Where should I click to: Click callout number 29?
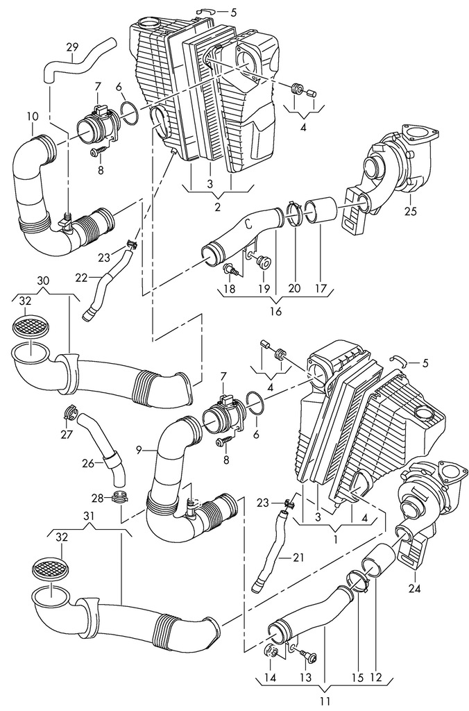tap(73, 47)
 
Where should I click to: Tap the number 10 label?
tap(33, 117)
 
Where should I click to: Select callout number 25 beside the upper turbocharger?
tap(410, 211)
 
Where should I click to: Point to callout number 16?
tap(275, 311)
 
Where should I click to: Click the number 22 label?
tap(81, 278)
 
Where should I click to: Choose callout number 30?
tap(43, 281)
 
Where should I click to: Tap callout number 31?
tap(89, 515)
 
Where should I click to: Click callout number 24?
tap(415, 589)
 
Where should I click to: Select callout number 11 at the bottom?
tap(324, 701)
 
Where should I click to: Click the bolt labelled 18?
tap(231, 270)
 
